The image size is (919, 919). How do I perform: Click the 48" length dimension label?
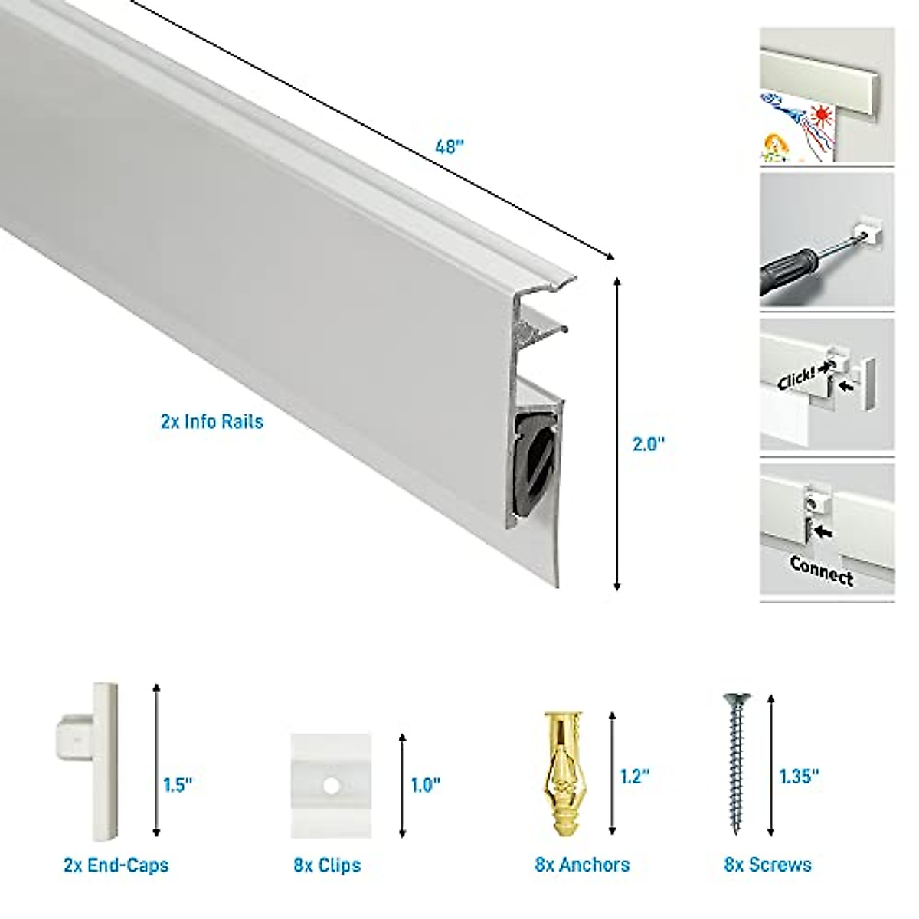450,146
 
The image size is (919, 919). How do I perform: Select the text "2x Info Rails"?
212,421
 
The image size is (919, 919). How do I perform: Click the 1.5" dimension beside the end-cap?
178,785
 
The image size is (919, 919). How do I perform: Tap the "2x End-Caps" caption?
116,865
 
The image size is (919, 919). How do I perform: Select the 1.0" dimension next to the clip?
426,785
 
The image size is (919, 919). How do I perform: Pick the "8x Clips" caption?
327,865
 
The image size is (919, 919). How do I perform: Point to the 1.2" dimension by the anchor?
635,776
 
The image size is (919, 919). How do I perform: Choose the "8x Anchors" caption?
582,865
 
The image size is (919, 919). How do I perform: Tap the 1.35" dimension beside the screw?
800,776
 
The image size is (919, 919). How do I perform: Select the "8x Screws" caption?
768,865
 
